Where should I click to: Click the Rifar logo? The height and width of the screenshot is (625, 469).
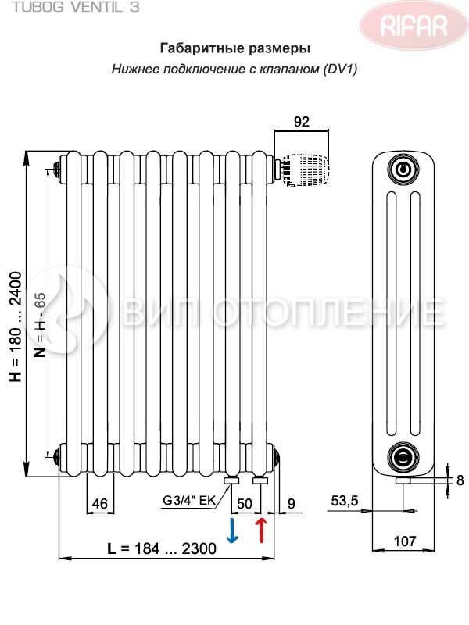coord(414,26)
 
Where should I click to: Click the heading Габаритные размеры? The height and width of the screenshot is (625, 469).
coord(235,48)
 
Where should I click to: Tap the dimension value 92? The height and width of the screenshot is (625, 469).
coord(302,122)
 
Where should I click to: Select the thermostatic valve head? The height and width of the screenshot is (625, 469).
coord(306,170)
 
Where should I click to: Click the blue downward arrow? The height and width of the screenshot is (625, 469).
coord(232,530)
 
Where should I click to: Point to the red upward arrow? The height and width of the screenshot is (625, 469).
coord(261,530)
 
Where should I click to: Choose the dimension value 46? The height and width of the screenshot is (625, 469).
coord(100,504)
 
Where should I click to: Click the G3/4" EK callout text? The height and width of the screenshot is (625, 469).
coord(188,500)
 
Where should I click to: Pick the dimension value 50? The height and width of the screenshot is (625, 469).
coord(245,504)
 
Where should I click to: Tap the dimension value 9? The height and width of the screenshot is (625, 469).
coord(292,503)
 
